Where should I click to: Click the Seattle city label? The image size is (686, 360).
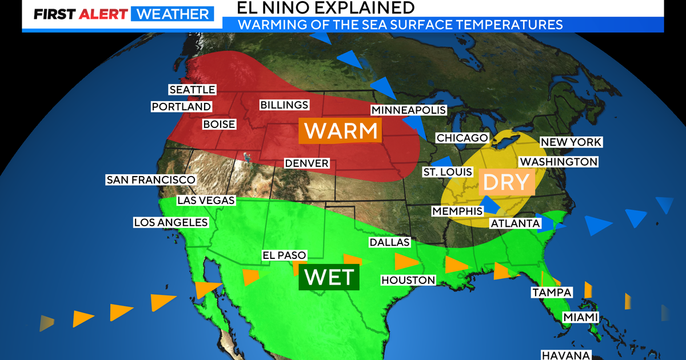[192, 90]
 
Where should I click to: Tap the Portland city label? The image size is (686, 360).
[181, 107]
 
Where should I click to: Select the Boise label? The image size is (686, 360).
[219, 124]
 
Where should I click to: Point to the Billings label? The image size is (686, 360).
[284, 105]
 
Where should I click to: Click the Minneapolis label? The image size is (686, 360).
[408, 110]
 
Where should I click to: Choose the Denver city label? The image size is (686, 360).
[307, 163]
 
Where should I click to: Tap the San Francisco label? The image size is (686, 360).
[151, 179]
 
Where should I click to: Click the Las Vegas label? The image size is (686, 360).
[206, 200]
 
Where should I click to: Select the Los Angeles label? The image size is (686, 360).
[170, 222]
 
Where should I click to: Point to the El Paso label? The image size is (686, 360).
[284, 255]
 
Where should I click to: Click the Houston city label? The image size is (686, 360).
[408, 280]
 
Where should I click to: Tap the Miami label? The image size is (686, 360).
[580, 317]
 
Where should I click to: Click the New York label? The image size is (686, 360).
[571, 142]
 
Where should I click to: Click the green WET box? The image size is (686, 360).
[329, 277]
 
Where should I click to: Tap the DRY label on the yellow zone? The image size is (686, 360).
[506, 182]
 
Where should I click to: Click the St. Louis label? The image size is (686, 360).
[448, 172]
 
